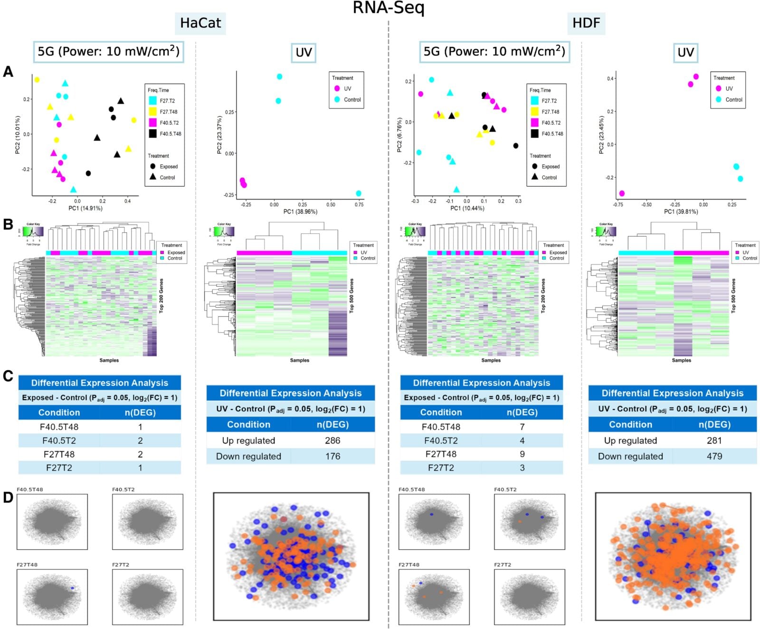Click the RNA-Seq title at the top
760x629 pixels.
pyautogui.click(x=389, y=8)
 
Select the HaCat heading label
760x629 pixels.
pyautogui.click(x=200, y=23)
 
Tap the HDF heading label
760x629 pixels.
pyautogui.click(x=586, y=23)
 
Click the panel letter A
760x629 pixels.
pyautogui.click(x=8, y=72)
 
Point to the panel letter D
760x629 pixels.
pyautogui.click(x=8, y=497)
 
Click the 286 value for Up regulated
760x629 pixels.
pyautogui.click(x=332, y=440)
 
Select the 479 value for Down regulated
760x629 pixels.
pyautogui.click(x=714, y=456)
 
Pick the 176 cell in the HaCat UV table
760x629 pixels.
pyautogui.click(x=332, y=456)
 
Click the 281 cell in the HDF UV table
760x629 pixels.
pyautogui.click(x=714, y=440)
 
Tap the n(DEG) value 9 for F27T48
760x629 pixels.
pyautogui.click(x=522, y=454)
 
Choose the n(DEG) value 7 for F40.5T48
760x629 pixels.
pyautogui.click(x=522, y=427)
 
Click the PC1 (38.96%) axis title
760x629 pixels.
pyautogui.click(x=300, y=211)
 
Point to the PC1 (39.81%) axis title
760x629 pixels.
pyautogui.click(x=681, y=211)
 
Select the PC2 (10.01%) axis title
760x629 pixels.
pyautogui.click(x=18, y=134)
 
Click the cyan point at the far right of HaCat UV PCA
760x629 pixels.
pyautogui.click(x=359, y=193)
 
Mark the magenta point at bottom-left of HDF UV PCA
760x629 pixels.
pyautogui.click(x=622, y=193)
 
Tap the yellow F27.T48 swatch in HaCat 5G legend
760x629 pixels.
pyautogui.click(x=152, y=112)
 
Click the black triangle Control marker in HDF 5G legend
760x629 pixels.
pyautogui.click(x=534, y=177)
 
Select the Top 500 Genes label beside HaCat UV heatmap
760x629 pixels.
pyautogui.click(x=351, y=295)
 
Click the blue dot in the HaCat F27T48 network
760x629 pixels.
pyautogui.click(x=72, y=588)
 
